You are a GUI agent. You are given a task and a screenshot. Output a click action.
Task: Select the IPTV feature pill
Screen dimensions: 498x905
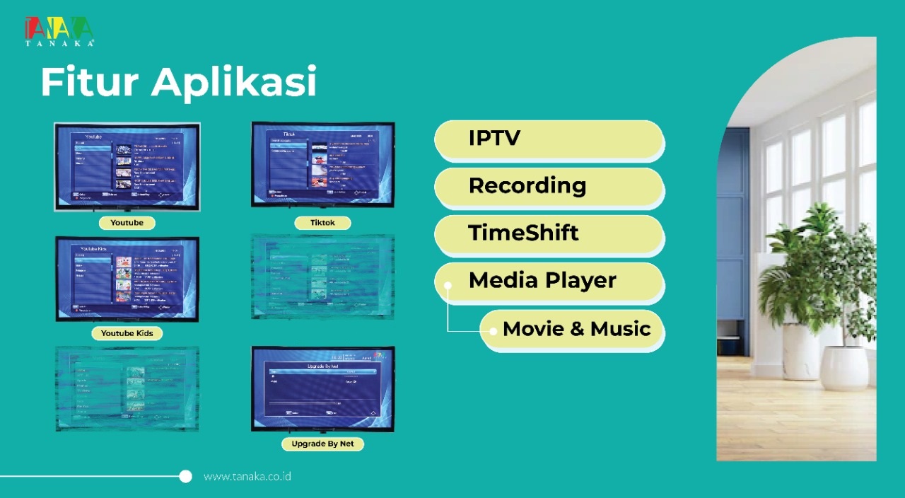tap(549, 139)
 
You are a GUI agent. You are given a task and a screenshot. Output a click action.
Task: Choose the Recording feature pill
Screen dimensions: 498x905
tap(549, 186)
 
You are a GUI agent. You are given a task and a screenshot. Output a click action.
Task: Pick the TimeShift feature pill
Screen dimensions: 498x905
tap(549, 233)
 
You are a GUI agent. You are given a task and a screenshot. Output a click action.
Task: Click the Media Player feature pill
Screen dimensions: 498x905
tap(549, 281)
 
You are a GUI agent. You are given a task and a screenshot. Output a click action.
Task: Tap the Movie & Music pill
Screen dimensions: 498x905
tap(573, 329)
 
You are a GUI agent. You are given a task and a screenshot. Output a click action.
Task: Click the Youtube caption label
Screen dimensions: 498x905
tap(127, 223)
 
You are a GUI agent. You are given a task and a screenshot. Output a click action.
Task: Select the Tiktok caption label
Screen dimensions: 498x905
tap(322, 223)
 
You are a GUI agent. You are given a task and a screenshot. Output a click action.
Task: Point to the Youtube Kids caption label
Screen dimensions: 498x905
tap(127, 333)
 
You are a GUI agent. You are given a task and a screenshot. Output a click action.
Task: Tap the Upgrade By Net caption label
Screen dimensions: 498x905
tap(322, 444)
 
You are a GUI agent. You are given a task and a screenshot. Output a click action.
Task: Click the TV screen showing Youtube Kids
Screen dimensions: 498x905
tap(127, 279)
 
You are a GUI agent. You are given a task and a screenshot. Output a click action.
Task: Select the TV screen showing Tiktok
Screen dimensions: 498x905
tap(323, 164)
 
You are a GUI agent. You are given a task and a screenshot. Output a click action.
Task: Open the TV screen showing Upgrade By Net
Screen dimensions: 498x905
tap(323, 388)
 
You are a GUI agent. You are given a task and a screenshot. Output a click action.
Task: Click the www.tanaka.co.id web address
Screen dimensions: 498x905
tap(247, 477)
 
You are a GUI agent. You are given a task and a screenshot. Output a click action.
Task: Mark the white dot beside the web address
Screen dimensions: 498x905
tap(185, 476)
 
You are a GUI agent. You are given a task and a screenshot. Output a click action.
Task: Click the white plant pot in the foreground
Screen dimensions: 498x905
tap(843, 368)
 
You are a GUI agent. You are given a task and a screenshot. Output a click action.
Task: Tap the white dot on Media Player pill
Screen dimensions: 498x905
tap(448, 285)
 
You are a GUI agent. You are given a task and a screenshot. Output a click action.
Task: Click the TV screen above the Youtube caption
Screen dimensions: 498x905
tap(127, 166)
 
